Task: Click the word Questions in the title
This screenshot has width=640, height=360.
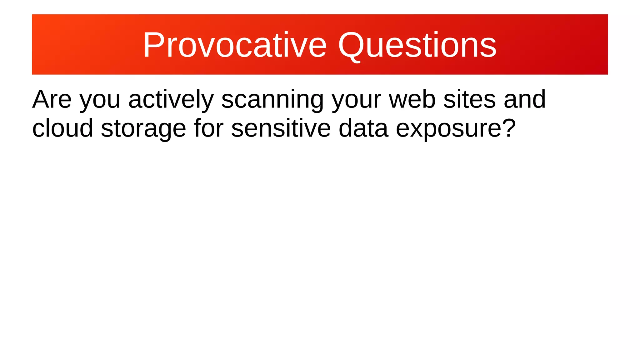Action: (417, 45)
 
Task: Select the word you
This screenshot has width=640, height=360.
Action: (100, 102)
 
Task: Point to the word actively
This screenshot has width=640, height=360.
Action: (171, 100)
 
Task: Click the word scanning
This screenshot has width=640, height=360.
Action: (272, 100)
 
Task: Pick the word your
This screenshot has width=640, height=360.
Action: (357, 102)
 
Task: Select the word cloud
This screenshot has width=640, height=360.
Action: (63, 128)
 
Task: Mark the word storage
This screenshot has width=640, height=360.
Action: (143, 130)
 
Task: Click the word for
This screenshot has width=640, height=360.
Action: (209, 128)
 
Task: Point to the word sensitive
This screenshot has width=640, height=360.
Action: (281, 128)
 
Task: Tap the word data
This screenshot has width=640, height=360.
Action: (363, 128)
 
